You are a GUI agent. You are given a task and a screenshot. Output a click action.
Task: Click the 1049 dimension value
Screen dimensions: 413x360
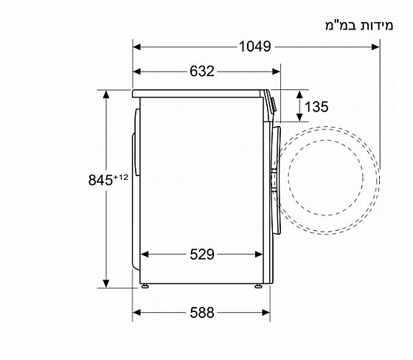click(254, 46)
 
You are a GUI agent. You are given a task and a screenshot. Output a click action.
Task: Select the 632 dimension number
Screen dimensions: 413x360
click(202, 71)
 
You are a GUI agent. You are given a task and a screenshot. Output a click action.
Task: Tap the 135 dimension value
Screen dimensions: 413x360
click(316, 107)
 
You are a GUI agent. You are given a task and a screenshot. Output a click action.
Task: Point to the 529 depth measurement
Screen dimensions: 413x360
click(202, 255)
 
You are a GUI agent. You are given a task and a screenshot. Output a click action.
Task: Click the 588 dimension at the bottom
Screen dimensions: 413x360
click(202, 313)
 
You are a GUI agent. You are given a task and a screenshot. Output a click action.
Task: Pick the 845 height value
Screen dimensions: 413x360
click(100, 180)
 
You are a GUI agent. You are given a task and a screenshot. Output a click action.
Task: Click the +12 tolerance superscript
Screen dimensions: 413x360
click(121, 177)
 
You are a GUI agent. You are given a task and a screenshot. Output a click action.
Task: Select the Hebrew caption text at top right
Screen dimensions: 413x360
click(359, 26)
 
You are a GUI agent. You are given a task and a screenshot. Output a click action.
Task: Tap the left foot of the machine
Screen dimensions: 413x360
click(145, 286)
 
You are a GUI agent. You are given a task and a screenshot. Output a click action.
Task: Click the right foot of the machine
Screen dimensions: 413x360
click(258, 286)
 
